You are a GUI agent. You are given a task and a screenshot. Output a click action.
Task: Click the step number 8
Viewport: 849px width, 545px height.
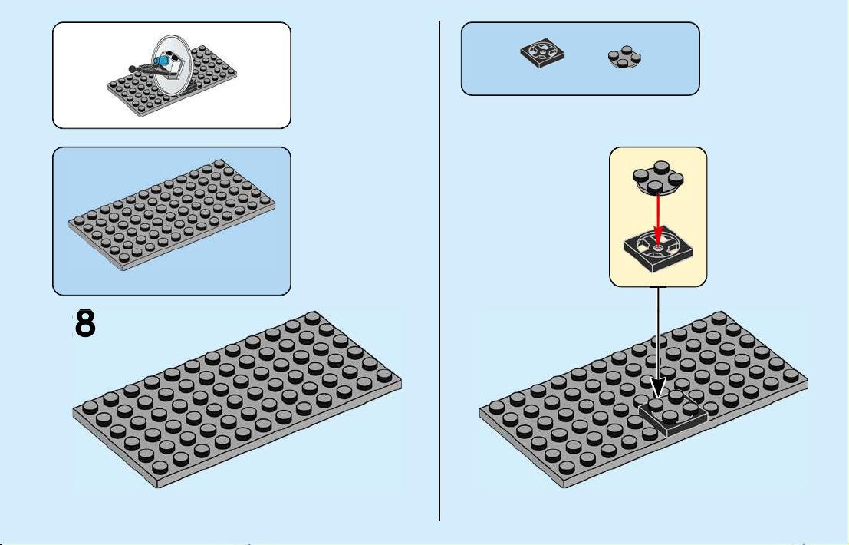85,323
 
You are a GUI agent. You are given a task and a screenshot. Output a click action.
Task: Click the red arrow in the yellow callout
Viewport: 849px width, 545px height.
658,219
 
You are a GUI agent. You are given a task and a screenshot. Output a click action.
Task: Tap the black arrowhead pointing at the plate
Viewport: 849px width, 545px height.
658,388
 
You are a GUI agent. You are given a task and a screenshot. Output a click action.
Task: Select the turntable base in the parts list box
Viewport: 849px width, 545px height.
542,54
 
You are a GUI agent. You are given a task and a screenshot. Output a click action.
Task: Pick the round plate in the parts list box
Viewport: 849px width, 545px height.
624,57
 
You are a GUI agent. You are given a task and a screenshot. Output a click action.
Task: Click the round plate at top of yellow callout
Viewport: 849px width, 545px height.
658,177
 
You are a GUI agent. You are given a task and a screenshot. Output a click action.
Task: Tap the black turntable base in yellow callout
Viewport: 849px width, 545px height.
657,251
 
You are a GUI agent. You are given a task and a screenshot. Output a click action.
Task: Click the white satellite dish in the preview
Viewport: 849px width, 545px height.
170,65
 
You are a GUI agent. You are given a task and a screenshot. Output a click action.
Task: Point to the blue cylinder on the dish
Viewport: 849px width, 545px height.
160,61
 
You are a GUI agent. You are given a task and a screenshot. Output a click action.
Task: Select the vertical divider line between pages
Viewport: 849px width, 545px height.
439,271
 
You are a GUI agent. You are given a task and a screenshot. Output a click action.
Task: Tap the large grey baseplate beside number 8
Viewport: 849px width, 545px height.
237,399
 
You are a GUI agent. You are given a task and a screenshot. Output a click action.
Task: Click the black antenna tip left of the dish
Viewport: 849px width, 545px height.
132,69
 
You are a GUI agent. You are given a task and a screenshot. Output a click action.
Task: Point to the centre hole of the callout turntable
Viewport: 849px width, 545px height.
657,248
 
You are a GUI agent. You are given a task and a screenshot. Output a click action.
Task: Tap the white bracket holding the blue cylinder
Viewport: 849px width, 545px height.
174,68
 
